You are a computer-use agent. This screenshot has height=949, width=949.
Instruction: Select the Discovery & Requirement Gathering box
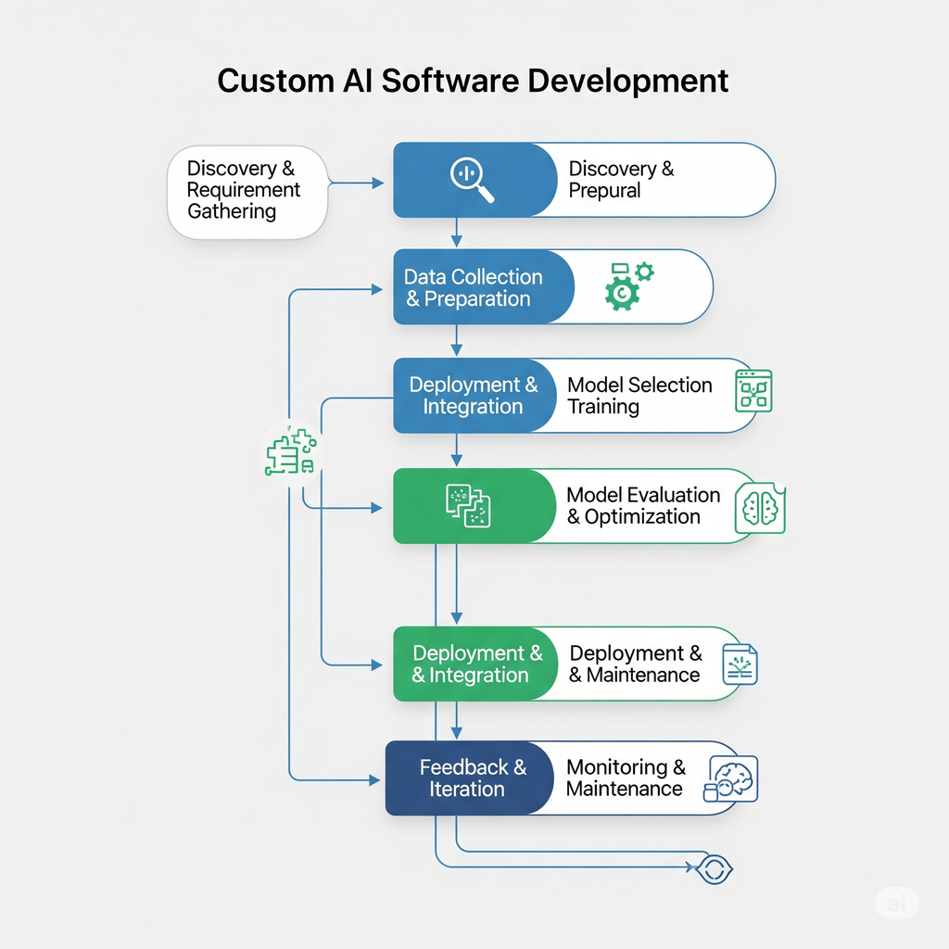click(x=246, y=190)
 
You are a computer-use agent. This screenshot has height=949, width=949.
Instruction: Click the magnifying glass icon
click(x=470, y=179)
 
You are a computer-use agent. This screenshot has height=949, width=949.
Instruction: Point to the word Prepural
click(x=604, y=191)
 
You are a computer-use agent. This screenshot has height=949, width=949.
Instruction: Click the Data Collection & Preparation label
click(x=473, y=287)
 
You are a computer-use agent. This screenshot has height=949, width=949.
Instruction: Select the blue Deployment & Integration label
click(x=473, y=396)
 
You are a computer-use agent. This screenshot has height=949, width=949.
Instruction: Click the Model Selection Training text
click(x=639, y=396)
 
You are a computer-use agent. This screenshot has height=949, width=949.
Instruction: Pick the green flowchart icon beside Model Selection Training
click(x=753, y=390)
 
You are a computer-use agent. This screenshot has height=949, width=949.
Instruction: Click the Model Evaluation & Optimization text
click(x=642, y=506)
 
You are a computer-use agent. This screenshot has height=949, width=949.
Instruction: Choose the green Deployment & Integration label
click(x=476, y=664)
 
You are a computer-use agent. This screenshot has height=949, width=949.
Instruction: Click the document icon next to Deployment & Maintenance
click(x=740, y=664)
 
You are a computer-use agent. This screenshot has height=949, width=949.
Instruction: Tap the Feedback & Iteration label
click(x=472, y=778)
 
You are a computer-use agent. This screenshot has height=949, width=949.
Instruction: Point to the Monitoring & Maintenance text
click(x=626, y=778)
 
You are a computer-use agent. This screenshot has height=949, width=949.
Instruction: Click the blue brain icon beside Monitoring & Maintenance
click(x=732, y=778)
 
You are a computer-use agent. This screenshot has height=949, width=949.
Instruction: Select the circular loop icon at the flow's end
click(x=714, y=868)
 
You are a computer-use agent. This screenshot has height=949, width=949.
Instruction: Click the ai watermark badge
click(x=896, y=903)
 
